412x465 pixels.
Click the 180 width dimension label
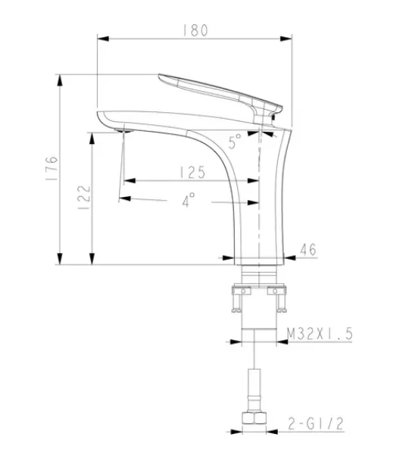[x=195, y=30]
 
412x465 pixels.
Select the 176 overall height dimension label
[x=51, y=168]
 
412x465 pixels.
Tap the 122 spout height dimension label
[x=84, y=198]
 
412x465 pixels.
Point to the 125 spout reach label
[x=192, y=173]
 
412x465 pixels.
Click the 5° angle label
[x=235, y=141]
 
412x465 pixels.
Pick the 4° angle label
[x=189, y=199]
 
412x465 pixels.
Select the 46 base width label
[x=308, y=249]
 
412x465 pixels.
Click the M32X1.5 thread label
[x=320, y=334]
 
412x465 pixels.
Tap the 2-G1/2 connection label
[x=316, y=423]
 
